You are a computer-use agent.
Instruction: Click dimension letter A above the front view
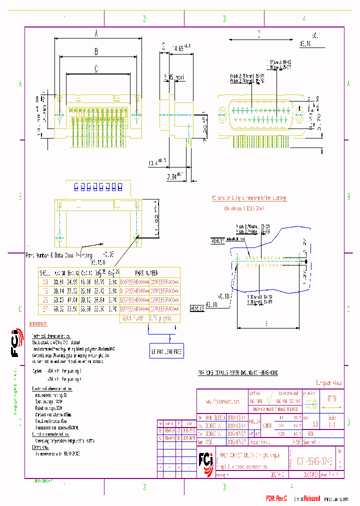96,33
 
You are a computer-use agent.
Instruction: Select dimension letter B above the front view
96,51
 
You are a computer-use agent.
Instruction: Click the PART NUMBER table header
145,273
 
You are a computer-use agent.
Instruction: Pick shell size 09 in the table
45,282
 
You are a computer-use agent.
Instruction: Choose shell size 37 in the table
45,309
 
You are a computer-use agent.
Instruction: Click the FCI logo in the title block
205,459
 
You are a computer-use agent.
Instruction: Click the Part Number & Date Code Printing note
58,254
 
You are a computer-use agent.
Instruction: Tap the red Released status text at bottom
310,498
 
